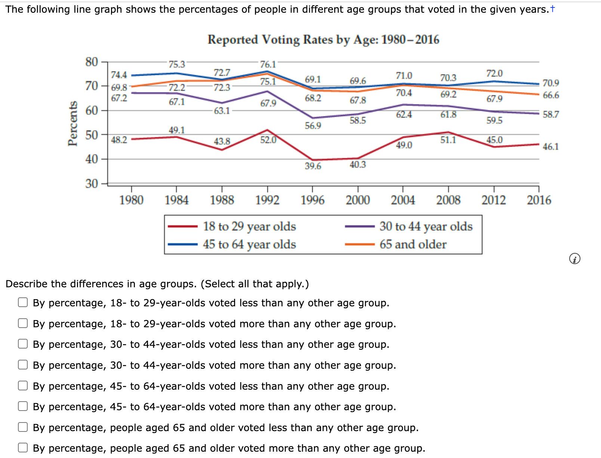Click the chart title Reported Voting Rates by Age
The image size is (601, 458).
[323, 40]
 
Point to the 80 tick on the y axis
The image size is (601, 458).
[92, 62]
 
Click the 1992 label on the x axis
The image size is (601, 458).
[267, 200]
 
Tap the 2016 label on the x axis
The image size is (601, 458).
[539, 200]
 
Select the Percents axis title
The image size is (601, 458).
[73, 124]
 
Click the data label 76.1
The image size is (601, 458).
[268, 64]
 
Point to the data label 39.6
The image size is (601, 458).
[313, 166]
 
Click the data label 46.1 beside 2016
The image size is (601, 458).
[551, 146]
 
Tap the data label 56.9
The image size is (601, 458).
[313, 126]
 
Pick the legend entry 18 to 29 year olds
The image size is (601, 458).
[249, 226]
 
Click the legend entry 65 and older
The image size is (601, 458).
[413, 244]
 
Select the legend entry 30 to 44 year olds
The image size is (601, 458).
[426, 226]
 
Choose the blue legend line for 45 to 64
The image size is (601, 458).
[183, 244]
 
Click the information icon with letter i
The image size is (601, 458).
[574, 259]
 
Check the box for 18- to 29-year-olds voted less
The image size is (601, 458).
[23, 303]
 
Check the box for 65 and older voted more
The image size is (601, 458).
[23, 448]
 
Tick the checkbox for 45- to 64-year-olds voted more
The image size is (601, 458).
[23, 406]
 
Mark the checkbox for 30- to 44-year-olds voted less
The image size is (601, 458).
[23, 344]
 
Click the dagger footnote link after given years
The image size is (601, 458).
[552, 9]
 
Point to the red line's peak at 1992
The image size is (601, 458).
[267, 130]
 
